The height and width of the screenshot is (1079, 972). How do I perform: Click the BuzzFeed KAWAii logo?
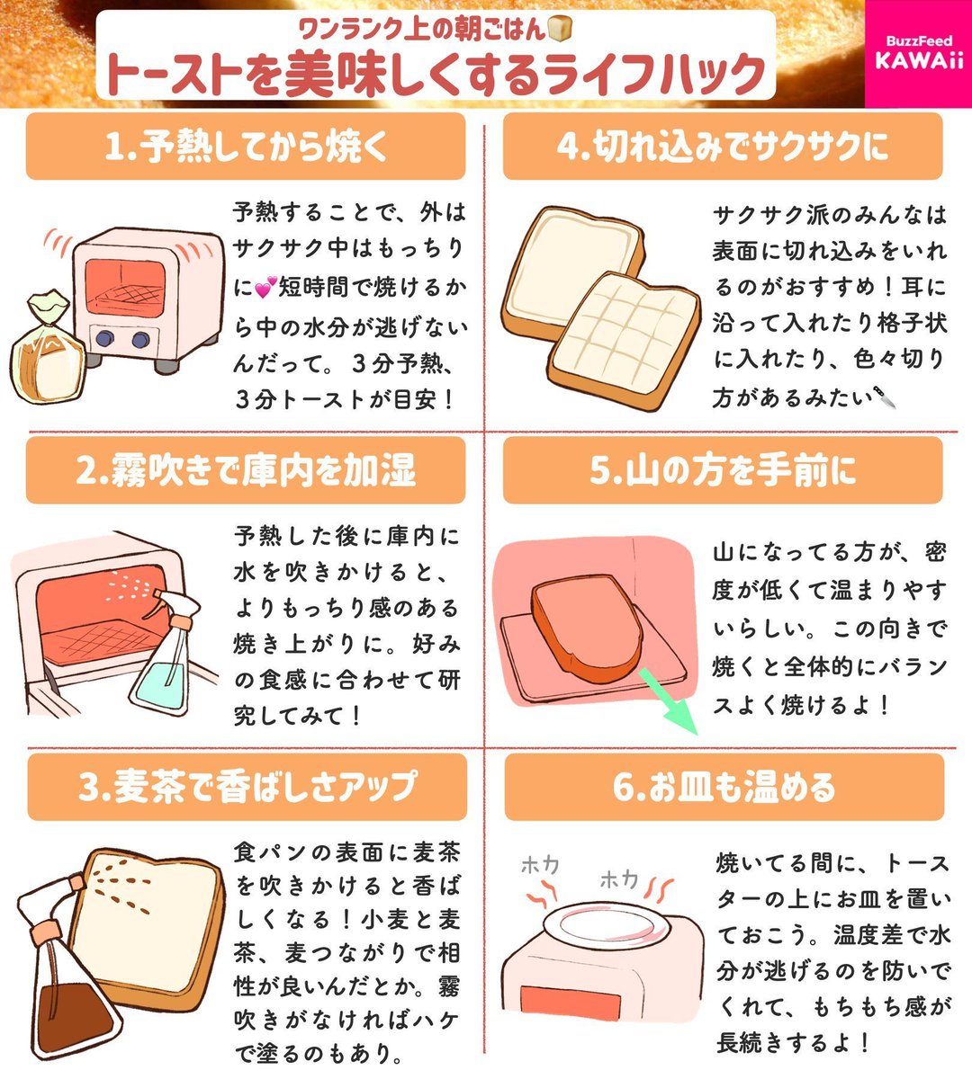tap(918, 53)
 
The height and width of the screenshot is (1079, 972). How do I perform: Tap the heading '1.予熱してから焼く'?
tap(246, 147)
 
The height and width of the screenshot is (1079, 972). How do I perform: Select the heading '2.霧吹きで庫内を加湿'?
tap(246, 470)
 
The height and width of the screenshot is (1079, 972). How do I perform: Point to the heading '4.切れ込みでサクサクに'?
tap(722, 147)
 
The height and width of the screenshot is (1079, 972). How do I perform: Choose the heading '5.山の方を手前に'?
tap(722, 470)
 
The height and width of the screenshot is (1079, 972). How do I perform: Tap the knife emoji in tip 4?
tap(886, 397)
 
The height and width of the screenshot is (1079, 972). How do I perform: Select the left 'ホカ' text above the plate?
tap(540, 865)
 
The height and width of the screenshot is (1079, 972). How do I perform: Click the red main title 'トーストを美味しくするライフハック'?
tap(435, 75)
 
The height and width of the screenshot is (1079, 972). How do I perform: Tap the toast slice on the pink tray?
tap(585, 620)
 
